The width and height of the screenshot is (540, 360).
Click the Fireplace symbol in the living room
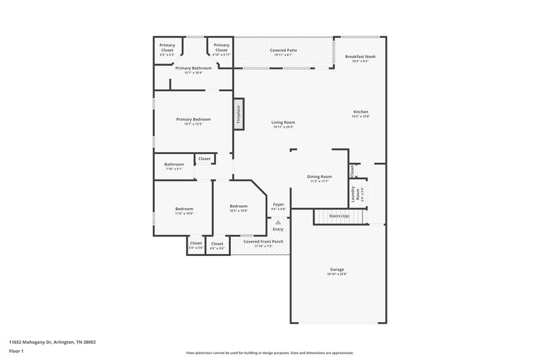238,113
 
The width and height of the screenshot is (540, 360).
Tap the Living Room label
283,124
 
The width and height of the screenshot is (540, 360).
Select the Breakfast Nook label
360,59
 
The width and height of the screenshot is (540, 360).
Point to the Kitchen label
360,113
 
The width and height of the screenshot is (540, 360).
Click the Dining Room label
319,178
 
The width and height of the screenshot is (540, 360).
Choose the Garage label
337,272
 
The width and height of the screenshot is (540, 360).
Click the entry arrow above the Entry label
278,222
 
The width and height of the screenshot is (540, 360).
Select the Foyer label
278,206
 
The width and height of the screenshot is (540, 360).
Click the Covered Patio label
283,52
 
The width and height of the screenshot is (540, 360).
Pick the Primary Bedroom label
193,122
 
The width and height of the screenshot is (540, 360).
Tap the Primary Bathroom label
193,70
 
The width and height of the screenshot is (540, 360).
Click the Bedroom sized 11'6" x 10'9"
184,211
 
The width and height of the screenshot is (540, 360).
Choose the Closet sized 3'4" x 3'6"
196,245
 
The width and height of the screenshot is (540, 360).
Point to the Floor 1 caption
16,352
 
